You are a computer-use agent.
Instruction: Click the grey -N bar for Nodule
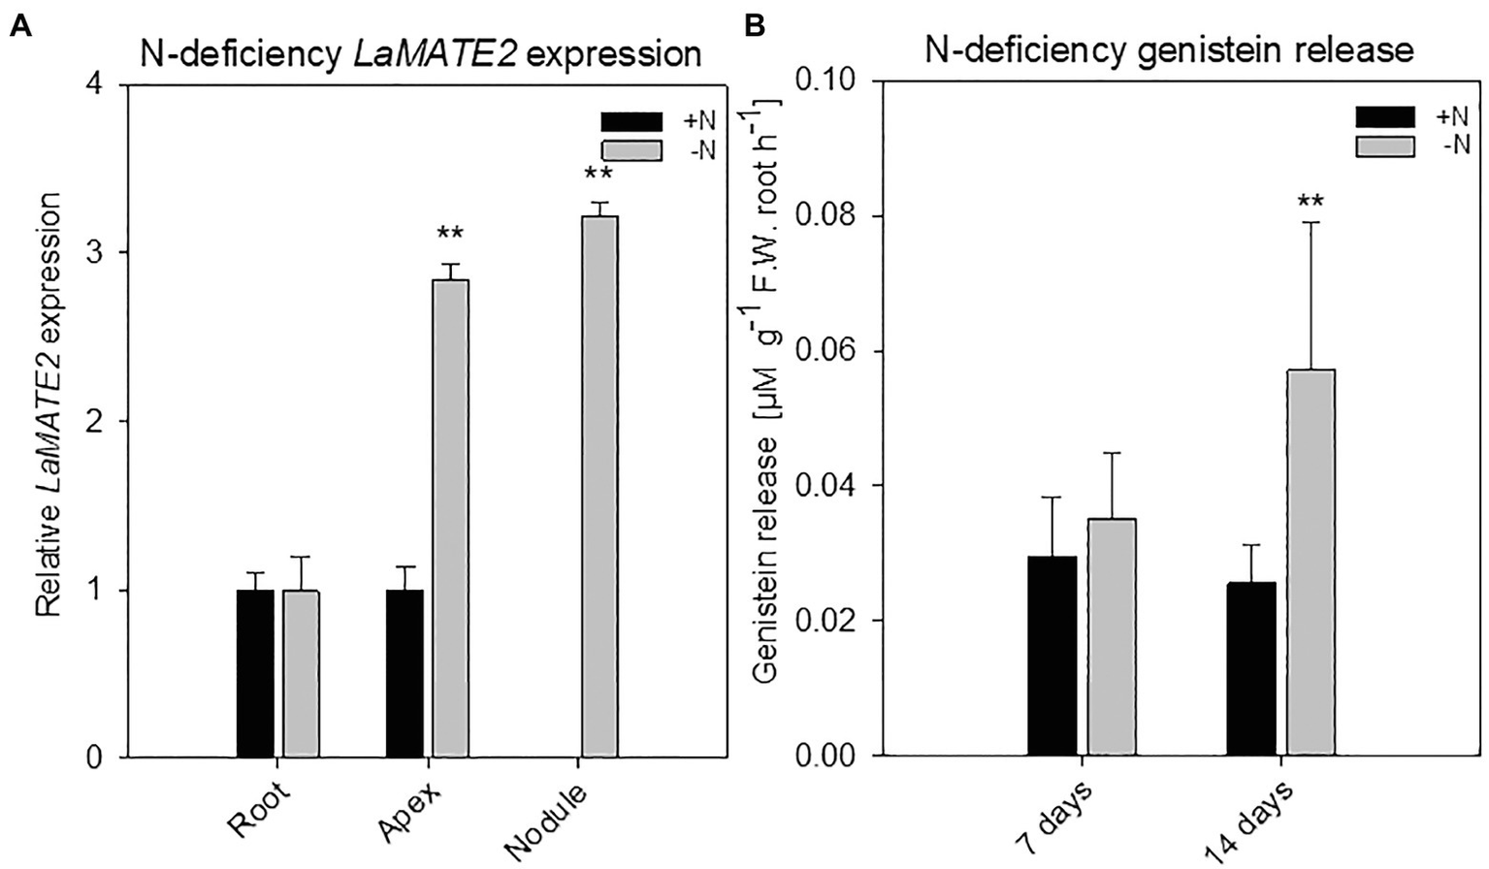point(599,486)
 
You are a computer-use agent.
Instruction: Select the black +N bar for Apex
point(405,673)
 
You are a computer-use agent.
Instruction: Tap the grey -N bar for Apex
point(450,518)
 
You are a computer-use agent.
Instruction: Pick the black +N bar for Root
point(255,673)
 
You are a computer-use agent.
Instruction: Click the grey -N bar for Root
point(301,673)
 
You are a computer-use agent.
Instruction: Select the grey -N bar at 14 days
point(1311,562)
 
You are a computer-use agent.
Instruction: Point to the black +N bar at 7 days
point(1052,656)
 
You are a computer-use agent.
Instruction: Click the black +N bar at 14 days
point(1251,668)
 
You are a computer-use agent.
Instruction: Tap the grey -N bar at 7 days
point(1112,636)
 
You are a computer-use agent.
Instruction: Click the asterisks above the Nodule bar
point(598,176)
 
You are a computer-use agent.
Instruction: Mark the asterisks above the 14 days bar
point(1311,203)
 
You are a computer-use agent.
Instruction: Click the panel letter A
point(19,27)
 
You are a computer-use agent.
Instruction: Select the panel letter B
point(754,27)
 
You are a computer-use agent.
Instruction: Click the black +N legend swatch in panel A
point(631,121)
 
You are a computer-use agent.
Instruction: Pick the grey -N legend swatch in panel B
point(1385,145)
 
